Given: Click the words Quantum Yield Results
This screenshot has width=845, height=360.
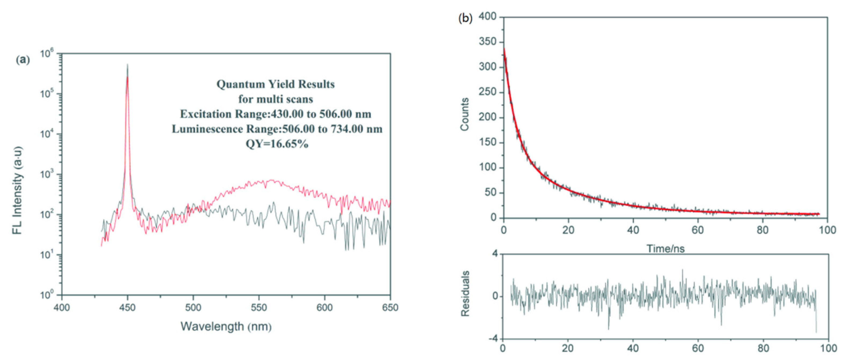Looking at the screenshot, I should (x=276, y=84).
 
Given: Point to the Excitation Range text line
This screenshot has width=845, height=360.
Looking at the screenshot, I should (x=276, y=114).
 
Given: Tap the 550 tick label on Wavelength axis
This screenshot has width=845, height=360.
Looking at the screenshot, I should (x=258, y=308).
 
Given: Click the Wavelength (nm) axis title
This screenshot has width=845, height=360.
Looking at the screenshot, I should (x=226, y=326).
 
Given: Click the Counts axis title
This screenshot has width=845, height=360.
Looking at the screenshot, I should (x=465, y=114).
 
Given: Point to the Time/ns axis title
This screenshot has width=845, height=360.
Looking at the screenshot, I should (x=665, y=249).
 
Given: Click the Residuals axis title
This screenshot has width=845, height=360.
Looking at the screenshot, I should (x=465, y=293).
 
